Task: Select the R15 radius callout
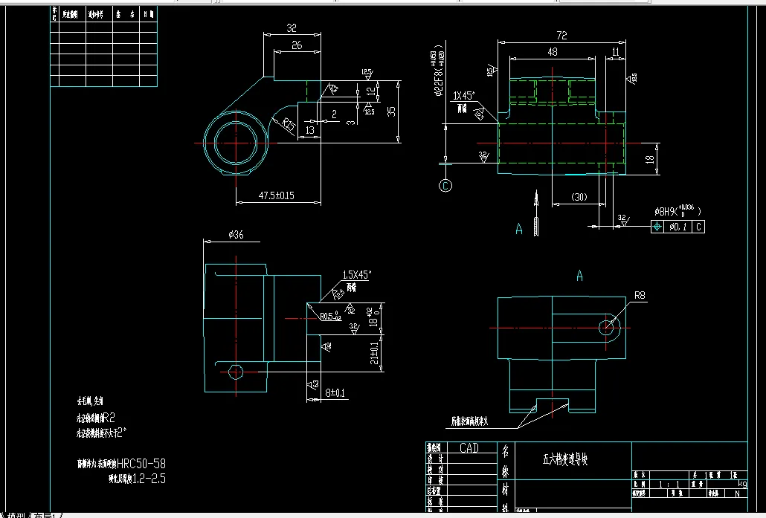tap(288, 124)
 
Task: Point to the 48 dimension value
tap(552, 52)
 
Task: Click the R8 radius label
tap(640, 296)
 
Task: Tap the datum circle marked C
tap(446, 186)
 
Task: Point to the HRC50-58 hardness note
tap(141, 463)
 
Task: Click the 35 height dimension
tap(391, 111)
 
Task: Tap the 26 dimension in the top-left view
tap(296, 45)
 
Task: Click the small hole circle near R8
tap(608, 326)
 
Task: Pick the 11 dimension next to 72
tap(615, 52)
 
